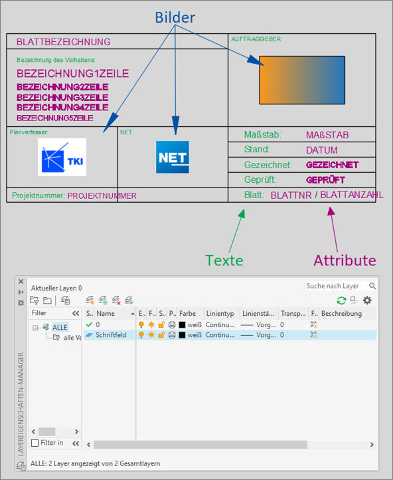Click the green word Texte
[224, 260]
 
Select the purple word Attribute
[345, 260]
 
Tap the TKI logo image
[62, 158]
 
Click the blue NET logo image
[173, 158]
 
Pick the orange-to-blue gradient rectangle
[302, 80]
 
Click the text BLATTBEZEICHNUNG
[64, 42]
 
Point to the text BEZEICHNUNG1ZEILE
[72, 73]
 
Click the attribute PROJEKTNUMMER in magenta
[102, 195]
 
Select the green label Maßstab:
[262, 135]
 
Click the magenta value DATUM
[322, 150]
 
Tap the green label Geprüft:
[260, 180]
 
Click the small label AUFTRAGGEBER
[256, 39]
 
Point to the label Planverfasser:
[29, 132]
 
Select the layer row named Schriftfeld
[111, 335]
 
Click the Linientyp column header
[220, 313]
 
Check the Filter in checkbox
[35, 443]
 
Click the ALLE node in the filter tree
[60, 327]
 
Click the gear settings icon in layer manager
[367, 300]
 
